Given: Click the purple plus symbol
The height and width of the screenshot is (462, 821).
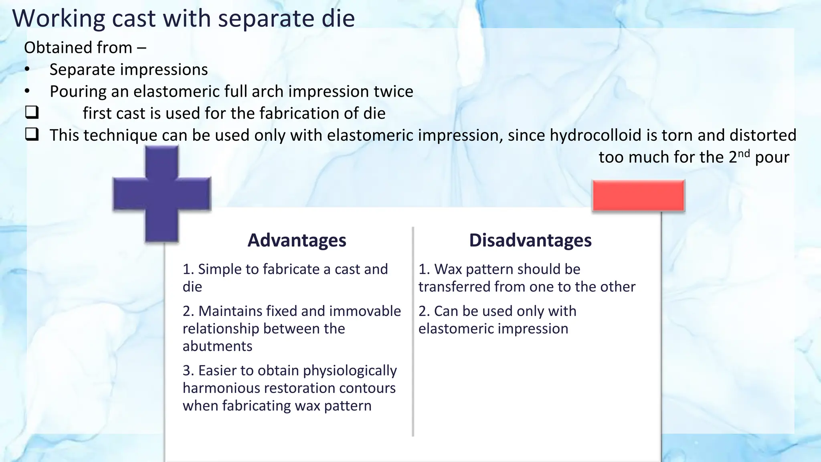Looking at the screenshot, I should [x=162, y=194].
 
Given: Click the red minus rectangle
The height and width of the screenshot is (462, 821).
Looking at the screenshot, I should [x=638, y=195].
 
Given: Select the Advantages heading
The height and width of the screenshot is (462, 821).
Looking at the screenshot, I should [x=297, y=240].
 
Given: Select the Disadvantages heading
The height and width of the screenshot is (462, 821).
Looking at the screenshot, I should [x=530, y=240].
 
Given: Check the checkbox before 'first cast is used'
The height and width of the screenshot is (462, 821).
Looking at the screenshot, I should [x=32, y=112].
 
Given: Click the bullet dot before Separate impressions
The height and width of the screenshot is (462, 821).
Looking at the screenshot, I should [x=27, y=70].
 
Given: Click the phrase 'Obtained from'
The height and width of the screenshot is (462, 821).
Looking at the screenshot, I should [x=78, y=48].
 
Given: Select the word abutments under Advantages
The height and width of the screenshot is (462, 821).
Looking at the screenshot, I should [x=217, y=346].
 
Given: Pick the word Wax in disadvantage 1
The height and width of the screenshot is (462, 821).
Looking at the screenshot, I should [x=448, y=269].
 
